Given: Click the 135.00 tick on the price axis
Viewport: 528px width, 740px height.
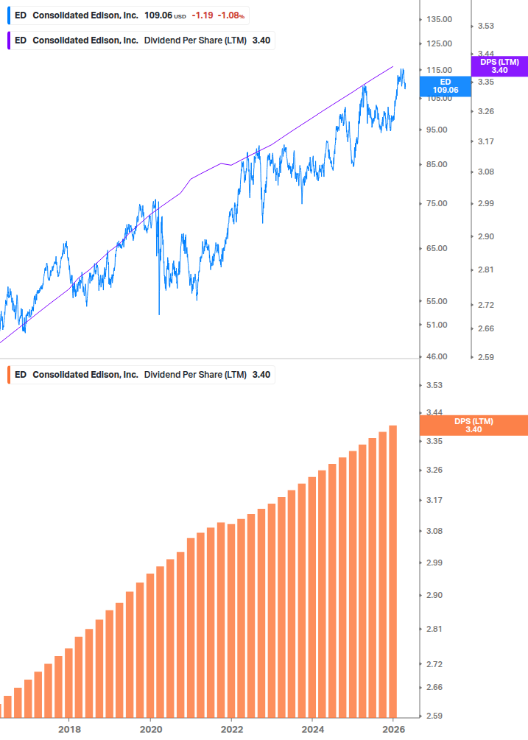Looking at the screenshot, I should coord(439,19).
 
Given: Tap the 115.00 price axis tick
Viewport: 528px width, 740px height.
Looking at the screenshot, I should coord(439,70).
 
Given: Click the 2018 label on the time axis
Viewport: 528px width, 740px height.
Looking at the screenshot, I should coord(69,729).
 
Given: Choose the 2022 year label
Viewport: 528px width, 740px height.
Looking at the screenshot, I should coord(231,729).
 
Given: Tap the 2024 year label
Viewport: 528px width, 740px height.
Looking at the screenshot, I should coord(312,729).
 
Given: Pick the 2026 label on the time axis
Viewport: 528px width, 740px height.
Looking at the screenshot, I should coord(393,729).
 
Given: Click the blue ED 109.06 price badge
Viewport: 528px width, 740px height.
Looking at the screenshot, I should coord(445,86).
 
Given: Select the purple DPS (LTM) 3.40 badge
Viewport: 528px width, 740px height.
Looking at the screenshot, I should coord(499,66).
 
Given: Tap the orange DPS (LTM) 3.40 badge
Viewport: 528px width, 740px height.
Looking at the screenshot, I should coord(473,425).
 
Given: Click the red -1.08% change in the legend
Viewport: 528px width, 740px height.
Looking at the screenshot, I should coord(230,15).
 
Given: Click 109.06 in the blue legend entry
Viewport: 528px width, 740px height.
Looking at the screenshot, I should coord(158,15).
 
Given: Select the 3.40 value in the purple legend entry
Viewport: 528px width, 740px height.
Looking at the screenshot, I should coord(261,40).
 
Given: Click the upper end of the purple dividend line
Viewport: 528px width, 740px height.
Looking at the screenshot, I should coord(393,66).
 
